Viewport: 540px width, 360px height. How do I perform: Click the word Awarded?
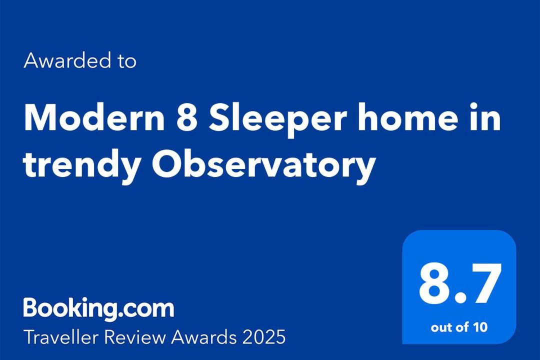[67, 60]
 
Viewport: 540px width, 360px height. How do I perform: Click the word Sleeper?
[277, 120]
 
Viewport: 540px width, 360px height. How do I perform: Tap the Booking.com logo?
[99, 308]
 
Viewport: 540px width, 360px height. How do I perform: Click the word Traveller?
[61, 337]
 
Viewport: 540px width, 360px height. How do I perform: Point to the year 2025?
[264, 337]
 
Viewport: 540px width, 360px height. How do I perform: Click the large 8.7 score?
[459, 284]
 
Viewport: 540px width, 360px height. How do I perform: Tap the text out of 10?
[459, 327]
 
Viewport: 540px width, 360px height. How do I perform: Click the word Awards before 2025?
[204, 337]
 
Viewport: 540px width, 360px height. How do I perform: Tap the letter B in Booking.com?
[31, 307]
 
